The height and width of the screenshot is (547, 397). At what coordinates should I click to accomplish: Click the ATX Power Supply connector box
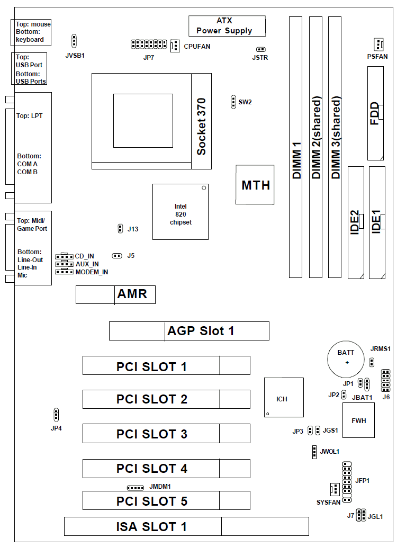227,26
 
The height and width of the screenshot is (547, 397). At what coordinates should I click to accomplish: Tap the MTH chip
255,185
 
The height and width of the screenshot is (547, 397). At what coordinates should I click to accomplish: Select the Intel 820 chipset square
181,212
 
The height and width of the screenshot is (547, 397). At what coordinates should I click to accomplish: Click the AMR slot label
132,294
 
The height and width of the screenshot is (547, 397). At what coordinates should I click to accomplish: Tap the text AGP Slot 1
201,331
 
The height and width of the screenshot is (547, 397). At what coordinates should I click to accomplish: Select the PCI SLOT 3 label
152,434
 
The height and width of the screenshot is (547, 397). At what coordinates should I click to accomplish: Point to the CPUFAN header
175,46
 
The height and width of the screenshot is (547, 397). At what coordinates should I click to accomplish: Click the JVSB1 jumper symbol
74,41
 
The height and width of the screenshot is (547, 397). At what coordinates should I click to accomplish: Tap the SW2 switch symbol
233,102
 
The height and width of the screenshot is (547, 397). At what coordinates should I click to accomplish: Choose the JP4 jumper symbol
56,414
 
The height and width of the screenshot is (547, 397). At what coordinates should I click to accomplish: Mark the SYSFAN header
334,489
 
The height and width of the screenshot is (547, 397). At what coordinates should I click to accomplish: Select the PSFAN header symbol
377,44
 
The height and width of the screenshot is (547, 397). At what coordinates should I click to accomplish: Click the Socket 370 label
201,127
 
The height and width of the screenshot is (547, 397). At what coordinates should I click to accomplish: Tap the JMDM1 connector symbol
136,488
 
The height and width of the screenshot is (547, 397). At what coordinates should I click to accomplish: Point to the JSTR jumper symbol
260,48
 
